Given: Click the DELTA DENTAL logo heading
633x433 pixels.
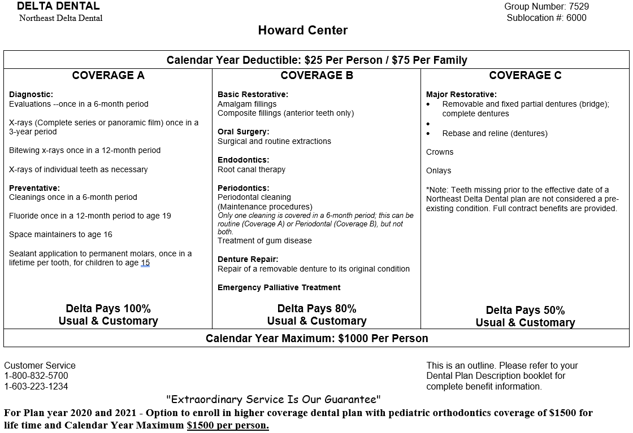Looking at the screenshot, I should pos(58,6).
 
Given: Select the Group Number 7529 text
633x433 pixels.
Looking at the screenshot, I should pos(546,7).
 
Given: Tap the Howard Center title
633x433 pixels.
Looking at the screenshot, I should pos(303,30).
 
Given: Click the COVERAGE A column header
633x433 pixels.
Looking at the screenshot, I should pos(108,76).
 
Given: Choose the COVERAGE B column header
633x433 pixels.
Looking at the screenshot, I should pos(316,76).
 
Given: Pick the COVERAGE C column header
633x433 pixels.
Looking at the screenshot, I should pos(525,76).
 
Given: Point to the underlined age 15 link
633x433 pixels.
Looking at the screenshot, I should pos(145,263).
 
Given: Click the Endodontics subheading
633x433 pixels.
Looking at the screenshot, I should pos(244,160).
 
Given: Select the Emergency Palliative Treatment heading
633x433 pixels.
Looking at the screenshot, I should pos(279,287).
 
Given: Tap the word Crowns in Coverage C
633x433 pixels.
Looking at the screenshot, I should pos(440,152).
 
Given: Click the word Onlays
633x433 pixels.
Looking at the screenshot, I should pos(439,170).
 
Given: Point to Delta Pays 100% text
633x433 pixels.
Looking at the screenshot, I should pos(108,309).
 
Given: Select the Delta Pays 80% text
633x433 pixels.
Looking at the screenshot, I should pos(316,309).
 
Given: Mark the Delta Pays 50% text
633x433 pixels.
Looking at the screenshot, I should pos(525,310).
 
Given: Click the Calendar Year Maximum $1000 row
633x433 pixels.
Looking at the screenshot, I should pos(316,339).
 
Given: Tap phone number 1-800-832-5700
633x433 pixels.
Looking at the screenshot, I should pos(36,376).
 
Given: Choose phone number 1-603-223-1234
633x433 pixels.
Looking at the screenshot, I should pos(36,387).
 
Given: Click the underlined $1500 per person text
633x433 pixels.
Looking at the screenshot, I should pos(228,425).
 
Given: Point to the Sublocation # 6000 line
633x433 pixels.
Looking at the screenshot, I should pos(546,18).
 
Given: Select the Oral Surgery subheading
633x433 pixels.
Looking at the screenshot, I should pos(243,132).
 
